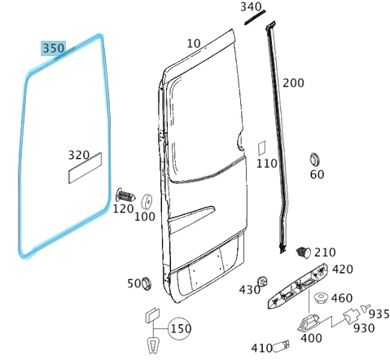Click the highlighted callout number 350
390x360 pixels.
(x=54, y=48)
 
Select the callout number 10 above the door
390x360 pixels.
(x=194, y=43)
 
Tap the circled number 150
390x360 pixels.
(x=180, y=328)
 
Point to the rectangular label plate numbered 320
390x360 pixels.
(x=85, y=168)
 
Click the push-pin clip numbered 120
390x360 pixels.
(x=125, y=195)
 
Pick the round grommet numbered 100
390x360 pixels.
(x=147, y=201)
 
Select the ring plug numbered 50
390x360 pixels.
(x=147, y=283)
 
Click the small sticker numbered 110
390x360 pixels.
(x=261, y=148)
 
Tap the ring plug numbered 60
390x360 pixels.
(x=314, y=159)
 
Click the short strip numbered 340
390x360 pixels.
(x=255, y=17)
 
